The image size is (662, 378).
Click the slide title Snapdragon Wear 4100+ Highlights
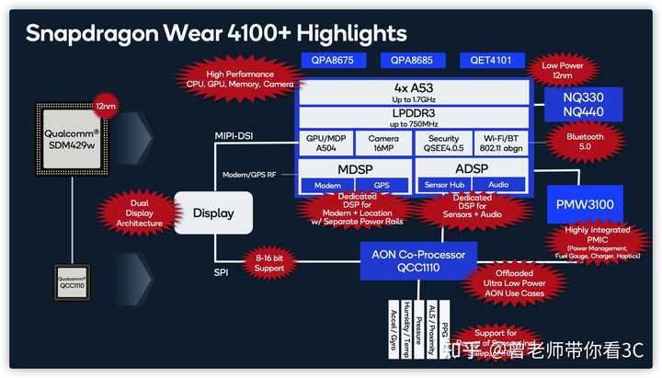[x=216, y=33]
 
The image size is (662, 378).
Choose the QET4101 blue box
[x=492, y=61]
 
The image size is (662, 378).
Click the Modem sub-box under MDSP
[x=327, y=185]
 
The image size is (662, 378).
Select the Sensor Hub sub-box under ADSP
[x=445, y=185]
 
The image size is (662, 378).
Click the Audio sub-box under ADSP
[x=499, y=185]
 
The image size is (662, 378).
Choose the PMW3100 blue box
[x=587, y=202]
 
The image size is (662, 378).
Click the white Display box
[x=213, y=213]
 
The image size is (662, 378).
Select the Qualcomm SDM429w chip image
[x=72, y=138]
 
